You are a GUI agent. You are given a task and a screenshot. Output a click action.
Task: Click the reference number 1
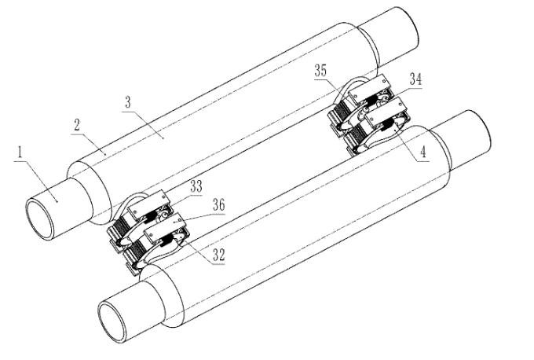point(20,152)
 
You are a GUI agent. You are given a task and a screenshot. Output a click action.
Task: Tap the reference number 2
point(77,125)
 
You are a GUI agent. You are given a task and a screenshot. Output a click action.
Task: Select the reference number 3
point(128,102)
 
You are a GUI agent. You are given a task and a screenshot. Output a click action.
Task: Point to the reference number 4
point(422,151)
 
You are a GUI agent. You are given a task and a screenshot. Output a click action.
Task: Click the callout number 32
point(218,255)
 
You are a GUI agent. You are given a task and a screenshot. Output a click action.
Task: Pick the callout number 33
point(196,186)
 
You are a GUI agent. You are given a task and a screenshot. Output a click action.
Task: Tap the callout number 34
point(415,79)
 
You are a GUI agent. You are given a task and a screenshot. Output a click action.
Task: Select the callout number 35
point(320,71)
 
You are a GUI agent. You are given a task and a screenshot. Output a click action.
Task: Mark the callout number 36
point(218,205)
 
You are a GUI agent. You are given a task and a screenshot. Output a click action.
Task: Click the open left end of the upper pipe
point(39,219)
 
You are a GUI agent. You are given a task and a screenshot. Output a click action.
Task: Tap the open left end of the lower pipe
point(112,321)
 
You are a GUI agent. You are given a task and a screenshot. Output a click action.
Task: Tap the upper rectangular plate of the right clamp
point(370,87)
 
